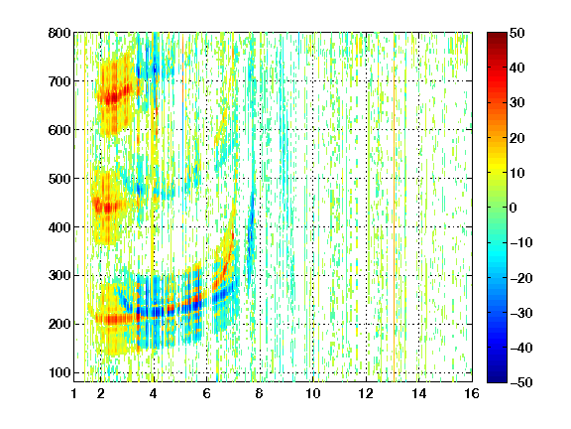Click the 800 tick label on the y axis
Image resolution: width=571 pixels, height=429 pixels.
tap(59, 33)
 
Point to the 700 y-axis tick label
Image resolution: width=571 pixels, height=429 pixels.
tap(59, 81)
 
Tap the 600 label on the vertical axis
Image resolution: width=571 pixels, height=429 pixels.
tap(59, 130)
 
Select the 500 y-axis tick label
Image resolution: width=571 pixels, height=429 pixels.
tap(59, 179)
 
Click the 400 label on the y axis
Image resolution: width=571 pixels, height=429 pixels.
tap(59, 227)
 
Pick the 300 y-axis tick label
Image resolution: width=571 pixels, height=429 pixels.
tap(59, 275)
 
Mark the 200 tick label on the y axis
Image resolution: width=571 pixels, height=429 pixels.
tap(59, 324)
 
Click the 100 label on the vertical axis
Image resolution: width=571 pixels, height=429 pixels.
tap(59, 372)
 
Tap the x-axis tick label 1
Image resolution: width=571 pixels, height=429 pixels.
tap(74, 393)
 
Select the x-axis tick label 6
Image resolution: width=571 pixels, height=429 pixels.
tap(206, 393)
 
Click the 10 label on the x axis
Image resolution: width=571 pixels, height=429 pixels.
tap(313, 393)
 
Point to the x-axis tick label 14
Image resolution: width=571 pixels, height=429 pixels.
tap(418, 393)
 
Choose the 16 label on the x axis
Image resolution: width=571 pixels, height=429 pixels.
tap(472, 393)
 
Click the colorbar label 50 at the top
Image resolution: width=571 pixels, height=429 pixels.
tap(517, 33)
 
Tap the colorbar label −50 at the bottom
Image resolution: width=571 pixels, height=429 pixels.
tap(521, 382)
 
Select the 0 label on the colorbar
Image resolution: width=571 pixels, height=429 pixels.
tap(514, 208)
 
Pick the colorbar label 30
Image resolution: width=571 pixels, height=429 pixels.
tap(517, 103)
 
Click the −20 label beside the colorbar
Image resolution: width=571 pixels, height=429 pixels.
tap(521, 278)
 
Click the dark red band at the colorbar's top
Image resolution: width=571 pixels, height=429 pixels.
tap(497, 39)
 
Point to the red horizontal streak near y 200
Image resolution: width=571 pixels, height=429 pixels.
tap(115, 320)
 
